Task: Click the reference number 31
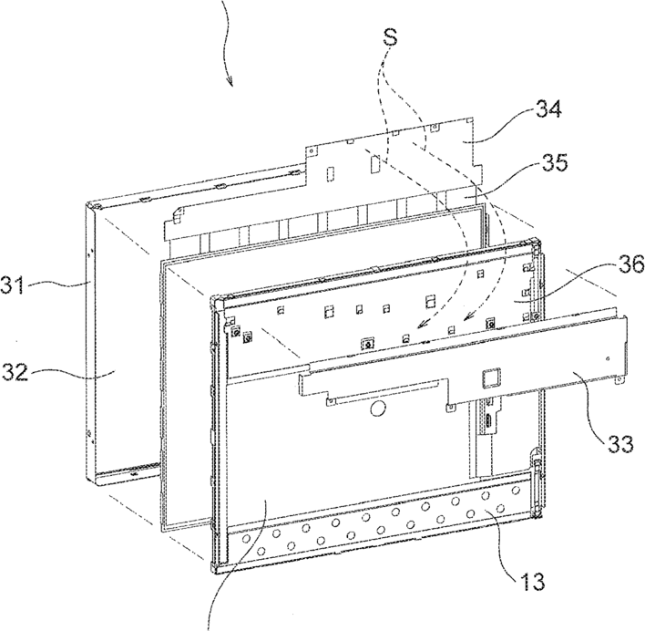tap(13, 284)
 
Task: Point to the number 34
tap(548, 109)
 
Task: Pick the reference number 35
tap(553, 162)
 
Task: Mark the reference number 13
tap(530, 581)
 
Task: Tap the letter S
tap(390, 36)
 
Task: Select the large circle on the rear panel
tap(378, 409)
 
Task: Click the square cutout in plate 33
tap(492, 377)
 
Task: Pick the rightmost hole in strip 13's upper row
tap(516, 490)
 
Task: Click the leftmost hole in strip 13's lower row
tap(261, 551)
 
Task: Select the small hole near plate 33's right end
tap(609, 358)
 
